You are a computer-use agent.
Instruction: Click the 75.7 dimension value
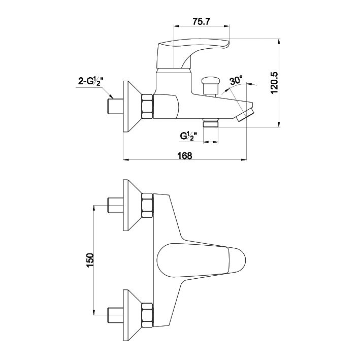click(201, 21)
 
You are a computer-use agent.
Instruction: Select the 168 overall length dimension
click(185, 156)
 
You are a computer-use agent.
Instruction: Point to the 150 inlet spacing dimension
click(90, 260)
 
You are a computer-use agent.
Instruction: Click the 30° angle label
click(236, 80)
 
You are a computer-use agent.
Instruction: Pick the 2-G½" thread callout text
click(90, 82)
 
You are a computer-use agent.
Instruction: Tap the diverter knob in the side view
click(210, 86)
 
